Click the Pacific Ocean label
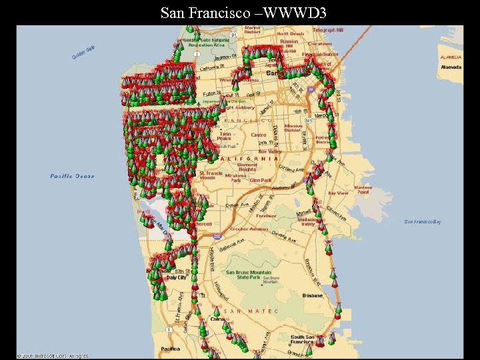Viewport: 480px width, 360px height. [73, 176]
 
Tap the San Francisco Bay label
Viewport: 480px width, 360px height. [423, 221]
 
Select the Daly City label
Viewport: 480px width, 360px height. [176, 277]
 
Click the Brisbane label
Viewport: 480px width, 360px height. [311, 294]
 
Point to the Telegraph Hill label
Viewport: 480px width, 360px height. [328, 31]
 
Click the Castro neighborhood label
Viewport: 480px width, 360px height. [258, 135]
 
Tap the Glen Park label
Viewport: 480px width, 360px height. [260, 180]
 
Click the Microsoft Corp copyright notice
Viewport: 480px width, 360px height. [53, 356]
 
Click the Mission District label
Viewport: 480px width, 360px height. [293, 128]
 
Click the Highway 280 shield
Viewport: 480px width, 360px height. [217, 235]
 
